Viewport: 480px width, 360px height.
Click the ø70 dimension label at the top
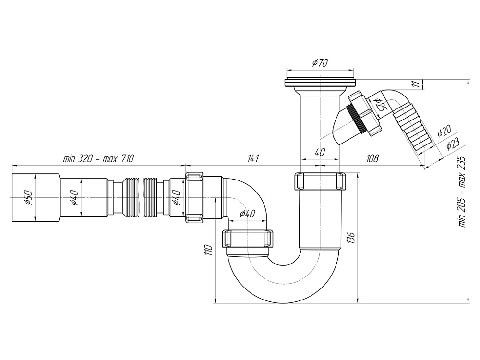319,63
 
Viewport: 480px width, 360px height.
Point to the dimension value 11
417,84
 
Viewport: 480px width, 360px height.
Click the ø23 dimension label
453,144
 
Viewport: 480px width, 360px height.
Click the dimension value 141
253,158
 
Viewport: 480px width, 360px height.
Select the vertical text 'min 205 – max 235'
463,192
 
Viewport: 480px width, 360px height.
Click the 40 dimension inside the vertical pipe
320,153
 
